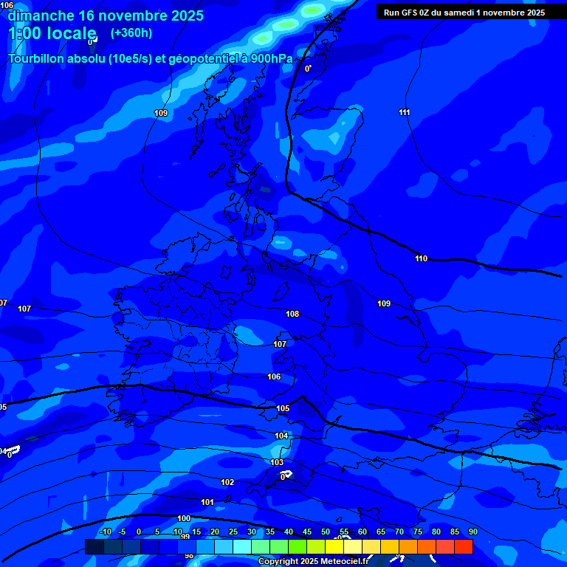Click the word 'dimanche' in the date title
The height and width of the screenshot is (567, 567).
coord(41,16)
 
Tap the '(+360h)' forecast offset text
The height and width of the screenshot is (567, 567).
coord(131,33)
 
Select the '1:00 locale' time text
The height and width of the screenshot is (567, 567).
coord(52,33)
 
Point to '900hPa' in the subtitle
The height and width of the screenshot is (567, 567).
coord(271,59)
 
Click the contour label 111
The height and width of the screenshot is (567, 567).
coord(405,112)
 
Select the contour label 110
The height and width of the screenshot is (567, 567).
coord(421,259)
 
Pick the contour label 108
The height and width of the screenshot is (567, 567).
coord(292,314)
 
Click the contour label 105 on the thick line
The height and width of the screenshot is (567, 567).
coord(283,408)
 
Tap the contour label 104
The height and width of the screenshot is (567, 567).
coord(281,436)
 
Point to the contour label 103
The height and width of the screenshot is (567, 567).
coord(277,463)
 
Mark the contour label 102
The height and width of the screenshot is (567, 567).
coord(227,482)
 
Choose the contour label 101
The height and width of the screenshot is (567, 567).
coord(207,502)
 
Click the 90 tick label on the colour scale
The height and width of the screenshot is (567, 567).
coord(472,532)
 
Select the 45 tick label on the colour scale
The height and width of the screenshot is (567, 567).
coord(307,532)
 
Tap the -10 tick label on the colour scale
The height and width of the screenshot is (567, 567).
coord(106,532)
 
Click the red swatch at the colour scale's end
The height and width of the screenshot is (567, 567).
coord(464,546)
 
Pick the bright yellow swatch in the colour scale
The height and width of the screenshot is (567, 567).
coord(353,546)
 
